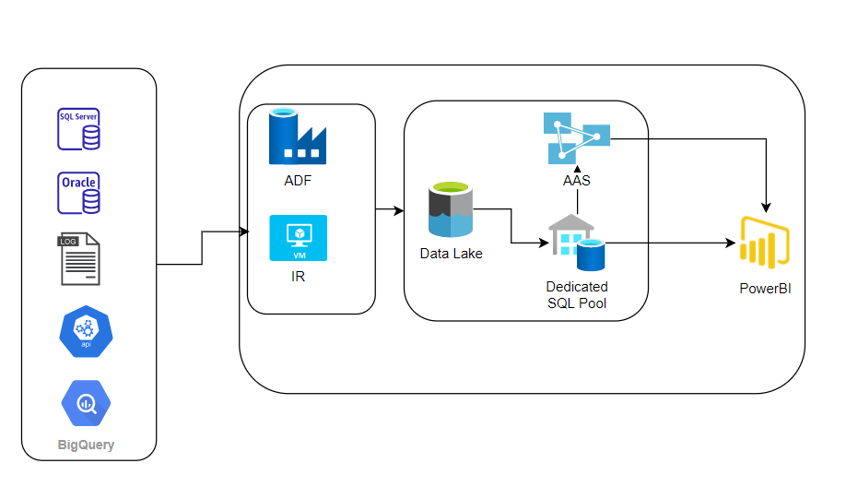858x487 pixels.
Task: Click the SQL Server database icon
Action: tap(78, 129)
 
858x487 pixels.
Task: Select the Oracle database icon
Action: tap(78, 193)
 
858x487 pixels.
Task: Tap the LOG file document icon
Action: tap(79, 259)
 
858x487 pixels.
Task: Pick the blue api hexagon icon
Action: tap(85, 333)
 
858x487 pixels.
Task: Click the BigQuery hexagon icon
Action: tap(85, 402)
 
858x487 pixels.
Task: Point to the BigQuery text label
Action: tap(85, 445)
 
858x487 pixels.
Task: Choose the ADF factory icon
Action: tap(297, 137)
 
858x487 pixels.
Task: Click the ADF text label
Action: tap(297, 181)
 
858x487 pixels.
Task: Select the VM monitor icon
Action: tap(297, 238)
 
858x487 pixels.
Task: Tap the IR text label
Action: tap(297, 276)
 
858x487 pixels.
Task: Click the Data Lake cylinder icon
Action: tap(451, 210)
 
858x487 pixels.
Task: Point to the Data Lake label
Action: tap(451, 254)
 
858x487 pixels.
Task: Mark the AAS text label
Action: tap(577, 181)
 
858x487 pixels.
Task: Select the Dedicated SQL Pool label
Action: tap(577, 295)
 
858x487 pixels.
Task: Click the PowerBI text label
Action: tap(765, 289)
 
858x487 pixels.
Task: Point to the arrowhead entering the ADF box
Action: tap(244, 231)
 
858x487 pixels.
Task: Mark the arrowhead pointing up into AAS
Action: tap(577, 169)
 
